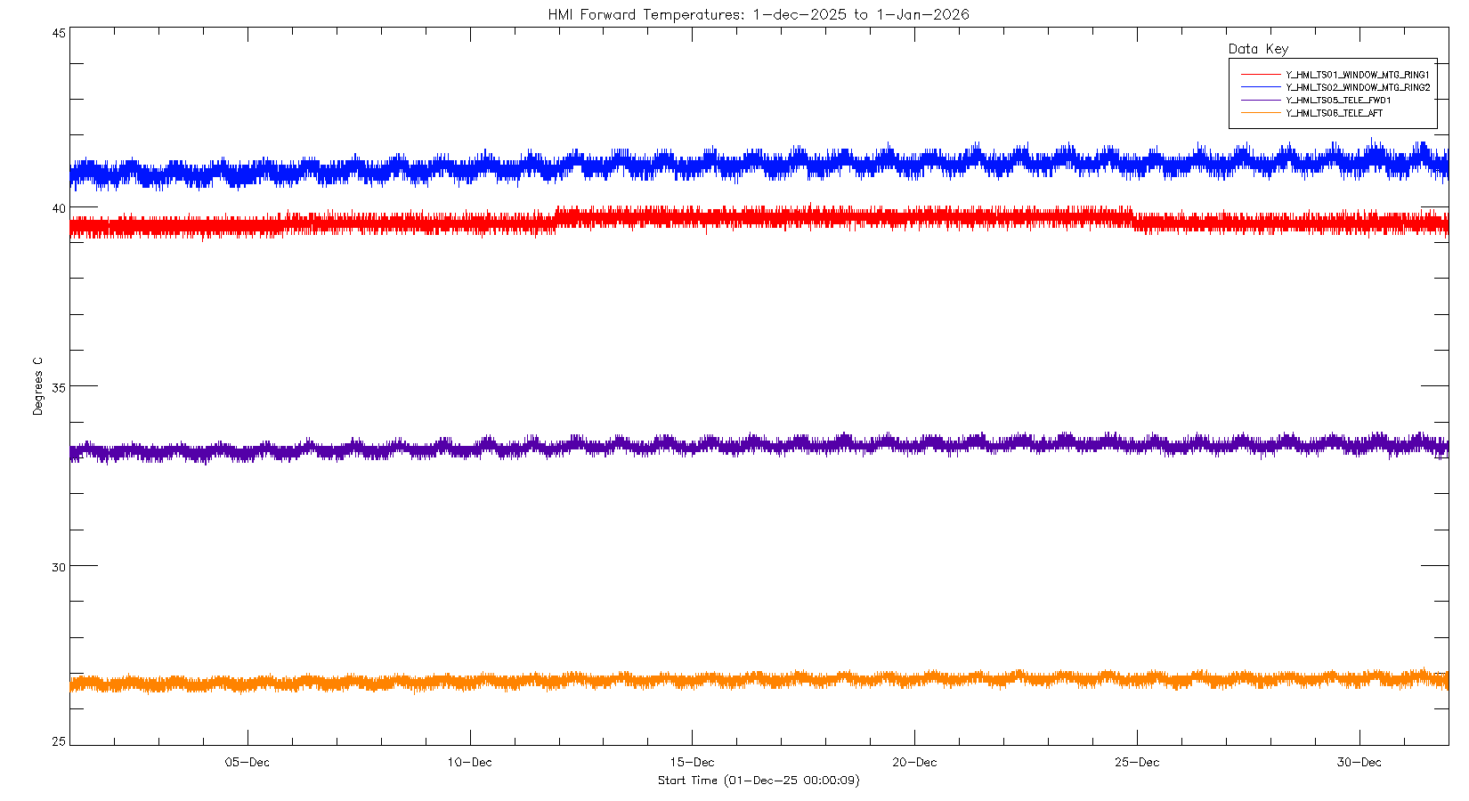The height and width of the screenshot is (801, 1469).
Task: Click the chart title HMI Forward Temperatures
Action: pos(759,14)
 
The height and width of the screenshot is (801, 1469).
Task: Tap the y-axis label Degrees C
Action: pos(37,386)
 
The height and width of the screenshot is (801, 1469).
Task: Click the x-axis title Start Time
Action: pos(759,781)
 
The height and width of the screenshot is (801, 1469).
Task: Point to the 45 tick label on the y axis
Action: pos(59,33)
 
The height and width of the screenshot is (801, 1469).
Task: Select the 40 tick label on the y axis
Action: pos(59,208)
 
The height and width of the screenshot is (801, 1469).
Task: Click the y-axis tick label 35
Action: pos(59,388)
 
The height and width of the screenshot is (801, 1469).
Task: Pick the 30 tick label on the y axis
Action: pos(59,567)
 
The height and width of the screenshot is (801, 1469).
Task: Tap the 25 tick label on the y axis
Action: pos(59,741)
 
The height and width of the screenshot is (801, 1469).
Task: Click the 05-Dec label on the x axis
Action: pos(248,763)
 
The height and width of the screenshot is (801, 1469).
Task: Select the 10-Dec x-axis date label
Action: pos(469,763)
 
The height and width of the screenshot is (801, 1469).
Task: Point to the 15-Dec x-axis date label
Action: pos(692,763)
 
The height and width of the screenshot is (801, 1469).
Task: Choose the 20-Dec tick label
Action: pos(914,763)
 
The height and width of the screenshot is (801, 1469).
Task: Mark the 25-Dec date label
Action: pos(1137,763)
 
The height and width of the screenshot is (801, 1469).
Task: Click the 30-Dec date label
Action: pos(1359,763)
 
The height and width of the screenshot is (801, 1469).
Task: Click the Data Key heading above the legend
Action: pos(1258,49)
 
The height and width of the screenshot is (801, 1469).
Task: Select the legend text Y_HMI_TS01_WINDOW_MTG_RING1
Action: pos(1358,75)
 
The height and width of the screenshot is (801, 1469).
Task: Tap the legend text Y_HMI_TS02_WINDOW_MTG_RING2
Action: pos(1358,88)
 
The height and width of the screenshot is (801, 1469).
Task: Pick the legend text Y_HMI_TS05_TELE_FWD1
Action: pos(1338,101)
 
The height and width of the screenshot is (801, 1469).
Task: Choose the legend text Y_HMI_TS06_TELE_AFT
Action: pos(1335,113)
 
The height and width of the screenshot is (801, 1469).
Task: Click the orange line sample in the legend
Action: pos(1261,113)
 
